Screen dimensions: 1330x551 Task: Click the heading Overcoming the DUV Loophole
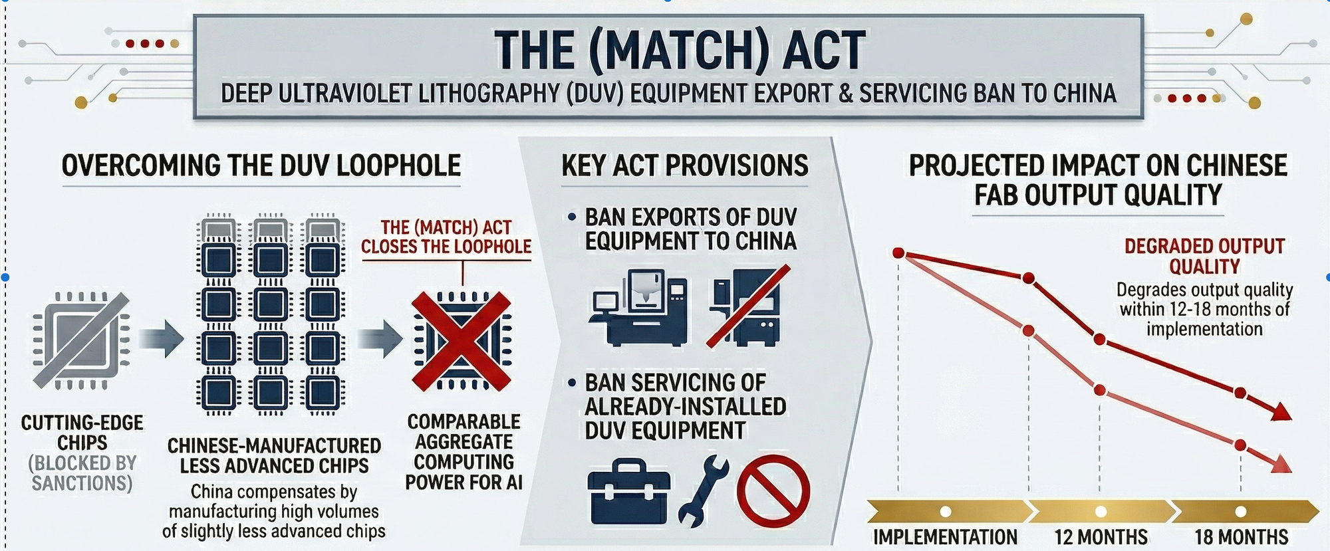[261, 165]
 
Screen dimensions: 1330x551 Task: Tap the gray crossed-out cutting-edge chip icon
[82, 340]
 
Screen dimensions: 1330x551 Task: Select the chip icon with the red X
[462, 340]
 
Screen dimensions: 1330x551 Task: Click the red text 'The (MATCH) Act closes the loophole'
[446, 237]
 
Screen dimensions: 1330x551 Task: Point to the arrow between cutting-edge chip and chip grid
[161, 339]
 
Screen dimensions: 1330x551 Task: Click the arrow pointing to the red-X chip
[380, 339]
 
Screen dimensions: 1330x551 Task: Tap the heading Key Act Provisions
[685, 165]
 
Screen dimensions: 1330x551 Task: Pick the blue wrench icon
[702, 491]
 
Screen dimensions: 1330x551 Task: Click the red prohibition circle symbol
[773, 491]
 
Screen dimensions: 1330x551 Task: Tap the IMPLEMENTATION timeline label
[945, 536]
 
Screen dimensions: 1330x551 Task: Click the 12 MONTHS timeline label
[1101, 536]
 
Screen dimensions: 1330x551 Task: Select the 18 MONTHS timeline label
[1241, 536]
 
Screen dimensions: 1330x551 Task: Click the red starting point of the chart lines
[898, 253]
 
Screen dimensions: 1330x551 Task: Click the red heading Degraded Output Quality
[1204, 256]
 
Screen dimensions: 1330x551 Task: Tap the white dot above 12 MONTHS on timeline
[1101, 512]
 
